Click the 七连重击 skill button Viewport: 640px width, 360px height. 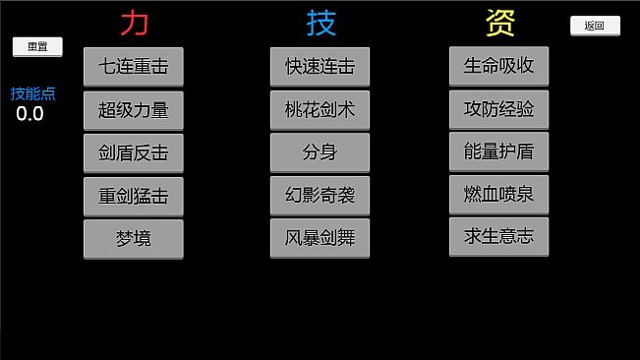134,67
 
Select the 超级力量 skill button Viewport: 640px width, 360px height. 134,110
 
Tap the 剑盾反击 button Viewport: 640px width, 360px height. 134,152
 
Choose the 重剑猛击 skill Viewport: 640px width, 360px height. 134,196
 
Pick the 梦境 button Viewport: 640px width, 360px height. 134,238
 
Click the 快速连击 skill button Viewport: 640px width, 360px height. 320,67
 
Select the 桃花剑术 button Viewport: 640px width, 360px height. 320,110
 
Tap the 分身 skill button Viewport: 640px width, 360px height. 320,152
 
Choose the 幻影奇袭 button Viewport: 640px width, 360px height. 320,196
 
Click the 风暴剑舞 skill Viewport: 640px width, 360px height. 320,238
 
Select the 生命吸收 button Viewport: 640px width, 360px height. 498,66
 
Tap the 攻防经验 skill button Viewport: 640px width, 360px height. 498,109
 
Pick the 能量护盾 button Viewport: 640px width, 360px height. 498,151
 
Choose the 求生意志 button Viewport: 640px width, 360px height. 498,236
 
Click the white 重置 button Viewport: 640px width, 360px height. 37,46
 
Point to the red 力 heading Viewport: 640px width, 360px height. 134,22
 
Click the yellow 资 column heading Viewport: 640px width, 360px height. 499,22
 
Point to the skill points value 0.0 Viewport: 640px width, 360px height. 29,113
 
